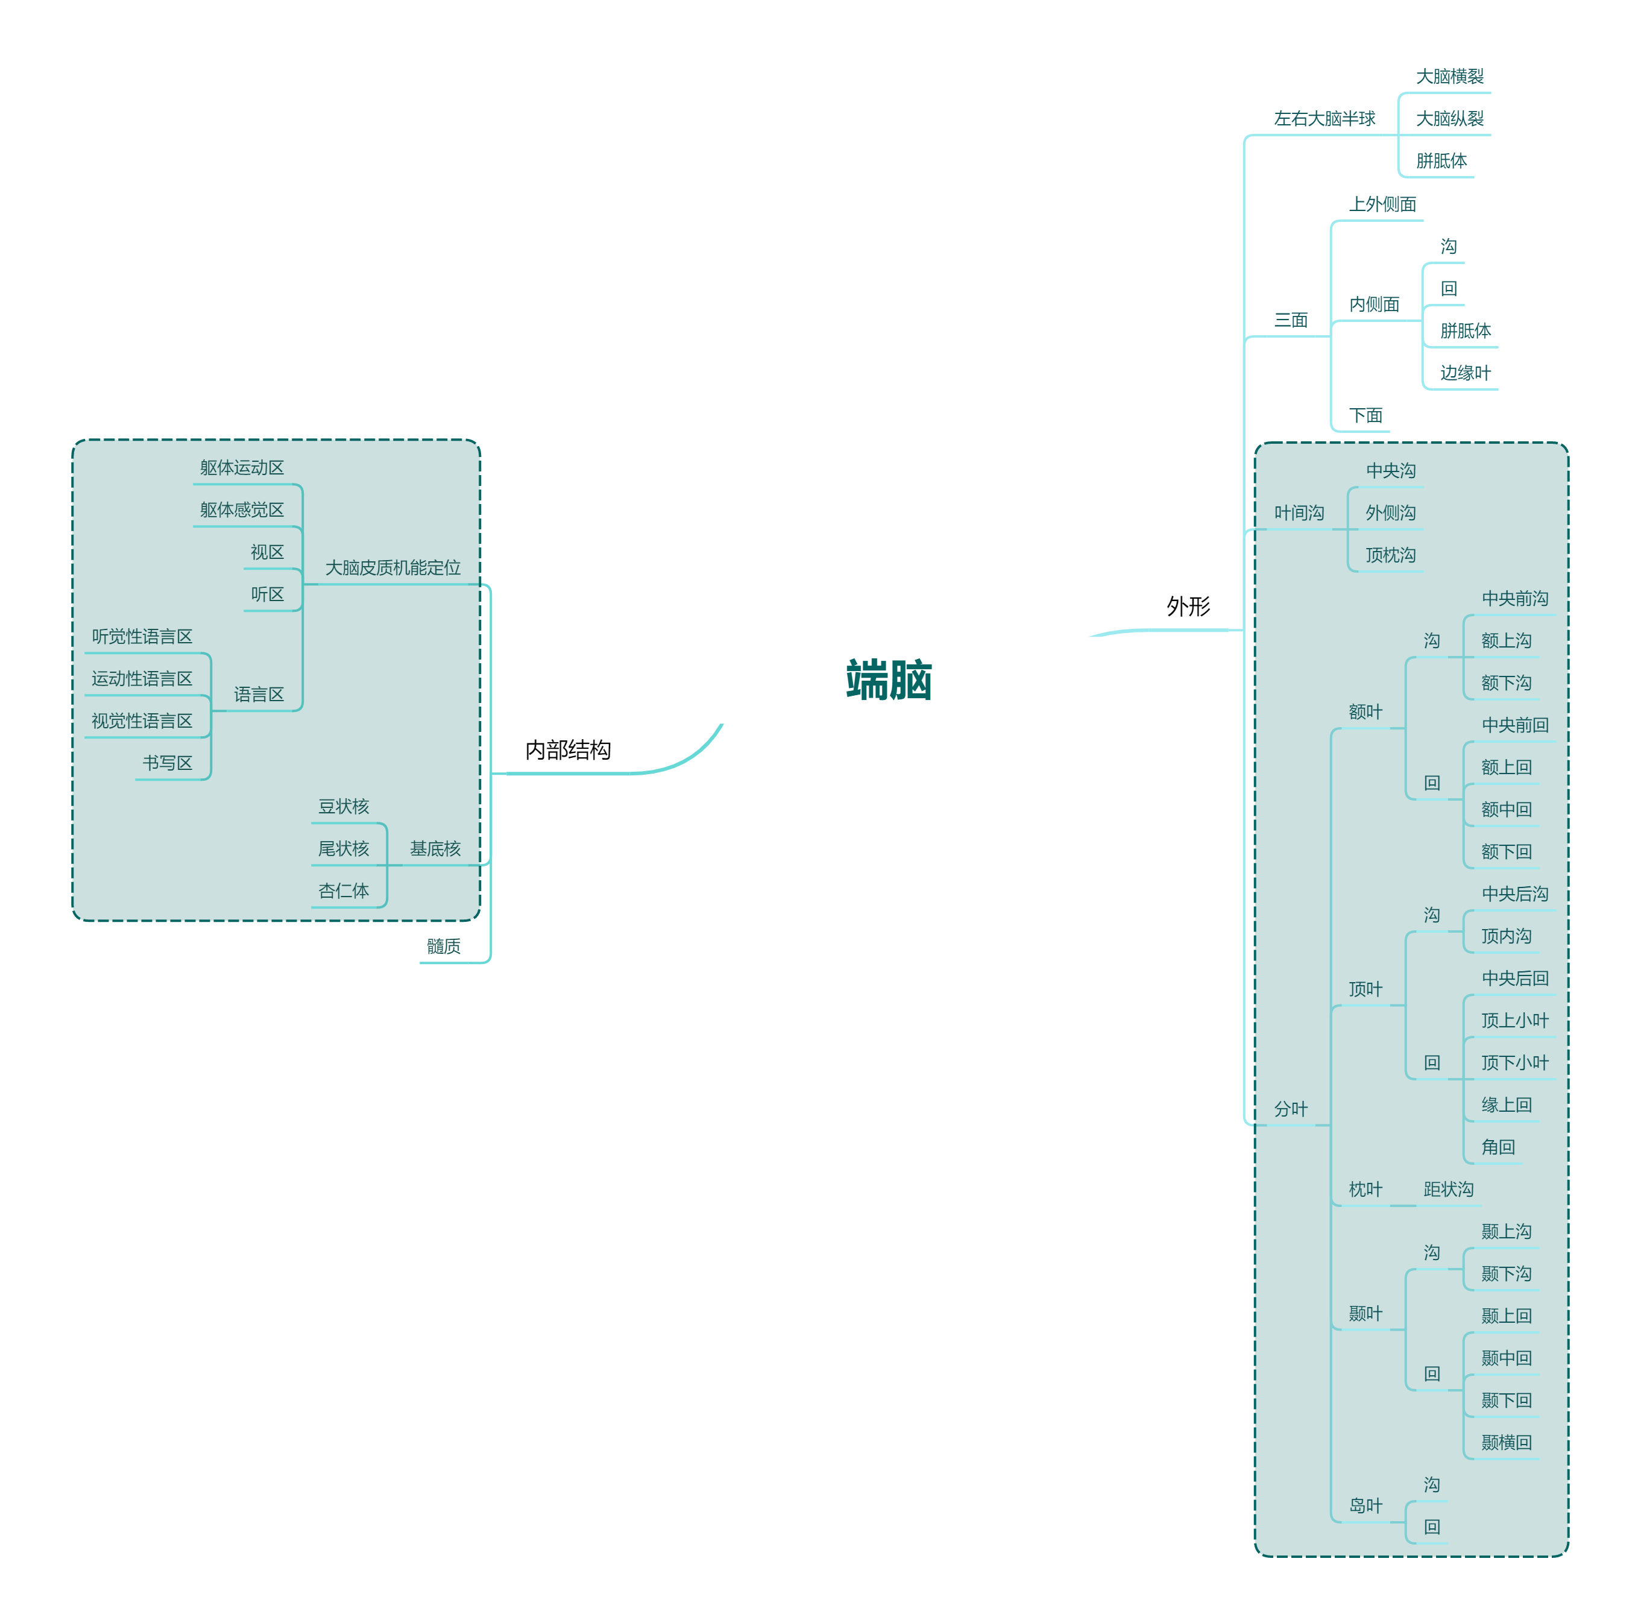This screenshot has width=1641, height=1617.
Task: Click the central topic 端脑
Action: [x=889, y=679]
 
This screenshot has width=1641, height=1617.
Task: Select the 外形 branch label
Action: [x=1188, y=607]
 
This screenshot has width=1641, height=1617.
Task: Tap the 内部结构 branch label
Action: [x=567, y=750]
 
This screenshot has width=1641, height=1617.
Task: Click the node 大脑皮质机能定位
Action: [x=392, y=567]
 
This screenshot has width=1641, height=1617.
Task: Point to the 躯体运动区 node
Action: [x=242, y=467]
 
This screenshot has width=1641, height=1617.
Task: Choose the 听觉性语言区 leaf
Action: [x=142, y=636]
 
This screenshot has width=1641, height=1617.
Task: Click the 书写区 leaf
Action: [x=168, y=763]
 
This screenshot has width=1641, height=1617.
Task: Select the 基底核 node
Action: [x=435, y=848]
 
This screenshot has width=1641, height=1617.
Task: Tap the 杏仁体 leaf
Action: [x=343, y=890]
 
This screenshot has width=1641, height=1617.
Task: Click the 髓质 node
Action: [x=443, y=946]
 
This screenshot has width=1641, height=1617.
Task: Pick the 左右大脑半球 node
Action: [x=1324, y=118]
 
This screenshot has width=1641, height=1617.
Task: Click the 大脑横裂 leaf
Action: [x=1449, y=77]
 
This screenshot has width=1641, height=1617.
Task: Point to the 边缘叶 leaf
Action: [x=1465, y=372]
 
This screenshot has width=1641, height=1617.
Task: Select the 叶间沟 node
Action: [x=1299, y=512]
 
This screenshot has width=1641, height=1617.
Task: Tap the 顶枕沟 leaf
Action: [x=1390, y=555]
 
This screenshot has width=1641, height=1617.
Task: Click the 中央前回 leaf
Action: [x=1514, y=725]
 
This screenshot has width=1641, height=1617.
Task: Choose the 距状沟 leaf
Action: [x=1448, y=1189]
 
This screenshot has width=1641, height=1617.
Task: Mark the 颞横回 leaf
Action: [x=1506, y=1442]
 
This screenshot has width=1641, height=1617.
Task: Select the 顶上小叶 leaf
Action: [x=1514, y=1020]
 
